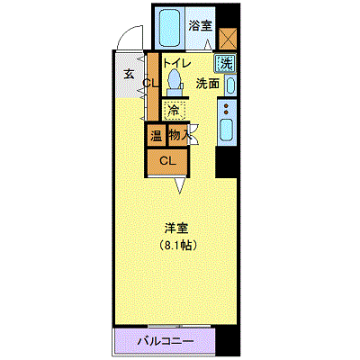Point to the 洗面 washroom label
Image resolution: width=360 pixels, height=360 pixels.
[208, 84]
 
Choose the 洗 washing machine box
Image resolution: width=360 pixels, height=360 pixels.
[226, 65]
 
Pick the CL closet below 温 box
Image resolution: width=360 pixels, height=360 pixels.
[166, 161]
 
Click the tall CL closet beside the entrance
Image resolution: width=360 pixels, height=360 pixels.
[150, 84]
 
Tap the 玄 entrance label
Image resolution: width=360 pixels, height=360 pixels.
[129, 75]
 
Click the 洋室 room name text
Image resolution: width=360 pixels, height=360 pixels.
[177, 227]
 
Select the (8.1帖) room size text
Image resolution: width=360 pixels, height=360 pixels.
[179, 244]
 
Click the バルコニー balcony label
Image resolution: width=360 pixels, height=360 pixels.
[164, 342]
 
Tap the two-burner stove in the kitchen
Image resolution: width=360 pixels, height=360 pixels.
[227, 112]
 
